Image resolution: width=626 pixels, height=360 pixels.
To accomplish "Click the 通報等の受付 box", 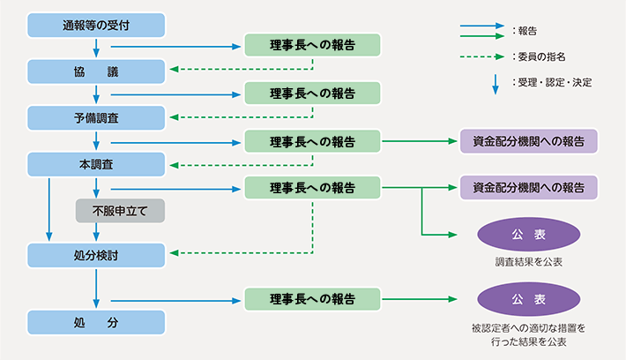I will [96, 25].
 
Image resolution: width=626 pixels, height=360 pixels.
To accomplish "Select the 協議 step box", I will [96, 71].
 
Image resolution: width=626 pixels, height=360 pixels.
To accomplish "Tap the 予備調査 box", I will [96, 117].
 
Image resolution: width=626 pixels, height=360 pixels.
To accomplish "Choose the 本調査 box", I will [96, 164].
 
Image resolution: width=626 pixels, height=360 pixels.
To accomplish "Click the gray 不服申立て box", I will [121, 211].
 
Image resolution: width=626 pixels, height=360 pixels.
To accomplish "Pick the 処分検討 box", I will [96, 255].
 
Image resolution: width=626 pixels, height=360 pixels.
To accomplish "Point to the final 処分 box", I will [96, 322].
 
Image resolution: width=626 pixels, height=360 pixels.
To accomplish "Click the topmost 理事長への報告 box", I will [312, 45].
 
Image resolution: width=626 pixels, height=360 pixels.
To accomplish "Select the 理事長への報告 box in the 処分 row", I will [312, 299].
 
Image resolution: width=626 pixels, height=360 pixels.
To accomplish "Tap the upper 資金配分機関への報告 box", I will [528, 141].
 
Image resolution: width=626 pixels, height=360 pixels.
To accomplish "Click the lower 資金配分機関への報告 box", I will [528, 187].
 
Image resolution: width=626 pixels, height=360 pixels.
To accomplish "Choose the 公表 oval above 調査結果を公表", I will [528, 234].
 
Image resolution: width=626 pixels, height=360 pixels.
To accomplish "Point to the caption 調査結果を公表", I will [528, 262].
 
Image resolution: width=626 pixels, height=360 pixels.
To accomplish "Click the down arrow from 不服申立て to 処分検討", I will [96, 232].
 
